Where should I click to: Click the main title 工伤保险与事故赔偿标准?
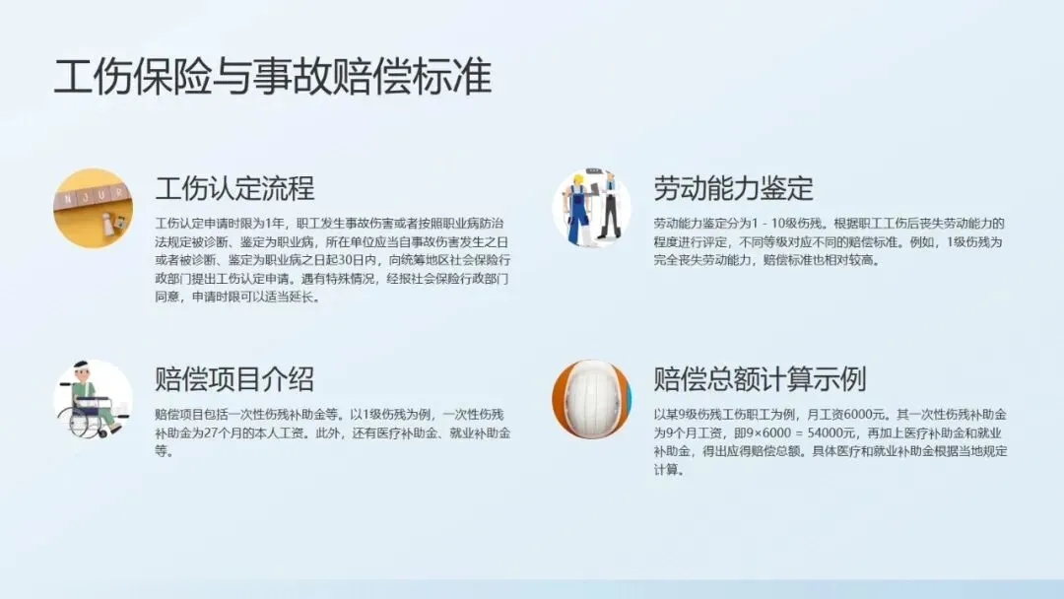[273, 77]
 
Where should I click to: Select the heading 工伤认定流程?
[234, 188]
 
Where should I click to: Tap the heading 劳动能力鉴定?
[734, 188]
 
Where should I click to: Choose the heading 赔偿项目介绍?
[234, 378]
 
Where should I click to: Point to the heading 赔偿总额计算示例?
[760, 378]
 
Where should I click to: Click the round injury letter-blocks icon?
[93, 208]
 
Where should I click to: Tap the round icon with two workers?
[592, 208]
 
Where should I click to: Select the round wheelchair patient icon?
[93, 400]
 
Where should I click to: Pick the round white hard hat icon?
[592, 400]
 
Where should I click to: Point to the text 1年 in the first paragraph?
[274, 224]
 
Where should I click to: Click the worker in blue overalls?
[576, 208]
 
